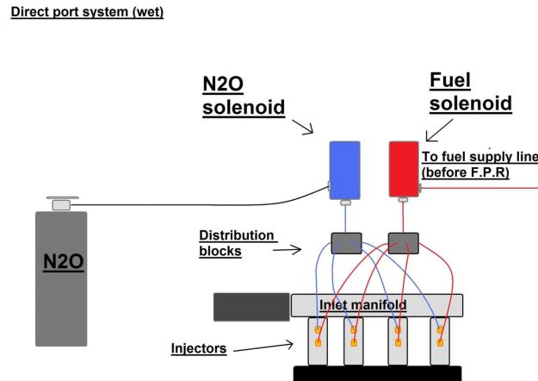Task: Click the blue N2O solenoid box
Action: point(343,170)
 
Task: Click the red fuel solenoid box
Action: point(403,170)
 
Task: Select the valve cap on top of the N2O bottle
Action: point(61,203)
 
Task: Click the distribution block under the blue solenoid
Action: point(346,243)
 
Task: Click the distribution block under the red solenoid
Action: point(403,243)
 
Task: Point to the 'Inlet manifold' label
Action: point(362,305)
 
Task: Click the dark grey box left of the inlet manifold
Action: point(251,307)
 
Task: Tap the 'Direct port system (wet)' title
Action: point(86,13)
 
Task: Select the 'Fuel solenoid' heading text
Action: point(470,92)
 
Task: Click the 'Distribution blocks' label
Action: point(237,243)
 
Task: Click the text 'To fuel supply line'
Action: point(479,157)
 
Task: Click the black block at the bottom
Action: point(378,373)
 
